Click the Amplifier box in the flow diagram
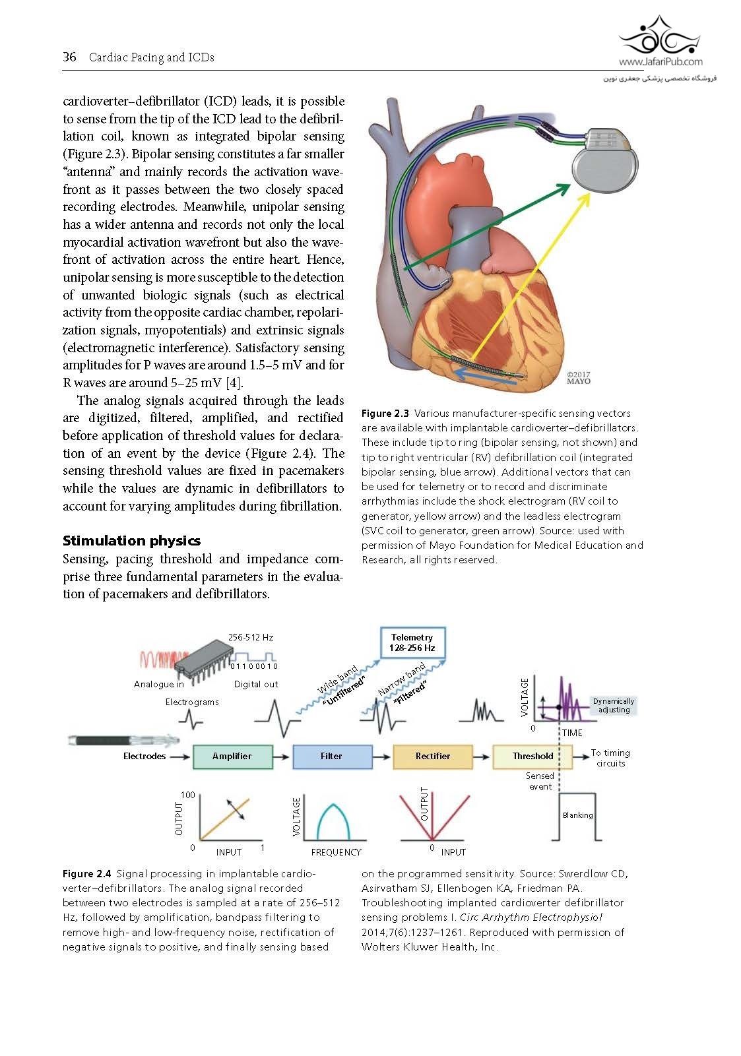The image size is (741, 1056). pyautogui.click(x=232, y=756)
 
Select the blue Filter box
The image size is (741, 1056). pyautogui.click(x=332, y=756)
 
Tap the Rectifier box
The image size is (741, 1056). pyautogui.click(x=432, y=756)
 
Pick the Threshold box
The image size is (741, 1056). pyautogui.click(x=532, y=756)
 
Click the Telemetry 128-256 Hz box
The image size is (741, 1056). pyautogui.click(x=412, y=642)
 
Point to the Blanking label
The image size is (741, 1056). pyautogui.click(x=577, y=815)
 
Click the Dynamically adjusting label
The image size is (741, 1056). pyautogui.click(x=613, y=706)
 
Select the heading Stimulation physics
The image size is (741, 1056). pyautogui.click(x=131, y=541)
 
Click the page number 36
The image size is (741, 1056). pyautogui.click(x=69, y=57)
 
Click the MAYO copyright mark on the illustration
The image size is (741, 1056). pyautogui.click(x=579, y=378)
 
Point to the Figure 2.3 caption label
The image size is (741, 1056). pyautogui.click(x=385, y=414)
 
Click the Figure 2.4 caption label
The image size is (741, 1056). pyautogui.click(x=86, y=874)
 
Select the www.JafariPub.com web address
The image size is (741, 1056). pyautogui.click(x=660, y=62)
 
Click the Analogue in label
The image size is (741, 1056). pyautogui.click(x=159, y=684)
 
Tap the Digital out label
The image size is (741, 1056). pyautogui.click(x=256, y=684)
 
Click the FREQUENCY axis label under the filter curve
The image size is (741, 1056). pyautogui.click(x=336, y=852)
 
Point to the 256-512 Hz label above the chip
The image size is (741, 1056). pyautogui.click(x=251, y=637)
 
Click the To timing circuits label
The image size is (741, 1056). pyautogui.click(x=610, y=758)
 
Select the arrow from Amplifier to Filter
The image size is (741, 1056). pyautogui.click(x=282, y=757)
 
